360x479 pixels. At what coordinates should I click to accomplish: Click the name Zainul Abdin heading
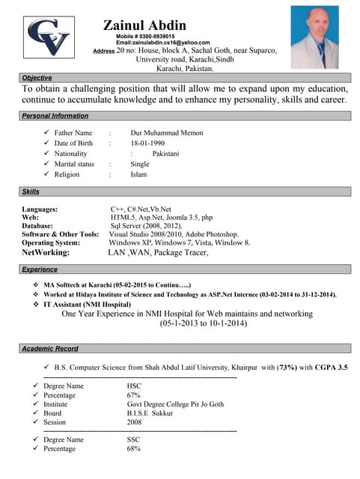(156, 25)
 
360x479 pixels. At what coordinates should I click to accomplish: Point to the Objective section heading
(37, 78)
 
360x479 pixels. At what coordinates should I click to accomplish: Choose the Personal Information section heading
(55, 116)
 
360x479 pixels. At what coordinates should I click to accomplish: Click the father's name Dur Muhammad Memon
(167, 133)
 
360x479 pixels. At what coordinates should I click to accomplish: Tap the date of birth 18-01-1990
(147, 143)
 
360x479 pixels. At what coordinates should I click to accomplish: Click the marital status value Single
(140, 164)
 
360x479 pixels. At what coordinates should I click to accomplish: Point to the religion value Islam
(138, 174)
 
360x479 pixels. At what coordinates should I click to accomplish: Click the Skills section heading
(31, 192)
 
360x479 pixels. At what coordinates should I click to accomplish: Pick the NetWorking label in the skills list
(46, 253)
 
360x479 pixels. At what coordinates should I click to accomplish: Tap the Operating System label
(51, 242)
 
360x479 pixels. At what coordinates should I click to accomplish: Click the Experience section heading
(40, 269)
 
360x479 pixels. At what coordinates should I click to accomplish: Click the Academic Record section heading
(50, 350)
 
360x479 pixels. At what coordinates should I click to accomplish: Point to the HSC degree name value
(134, 385)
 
